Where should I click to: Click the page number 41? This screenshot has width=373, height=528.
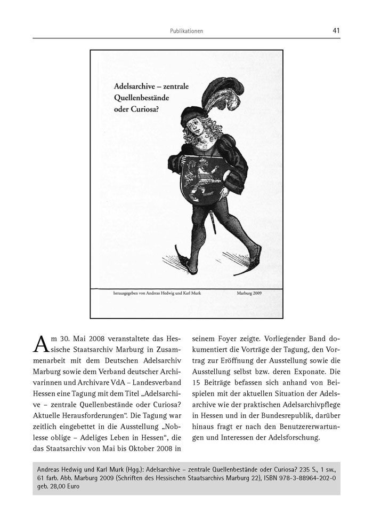(x=336, y=30)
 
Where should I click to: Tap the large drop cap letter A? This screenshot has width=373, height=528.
(x=42, y=345)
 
